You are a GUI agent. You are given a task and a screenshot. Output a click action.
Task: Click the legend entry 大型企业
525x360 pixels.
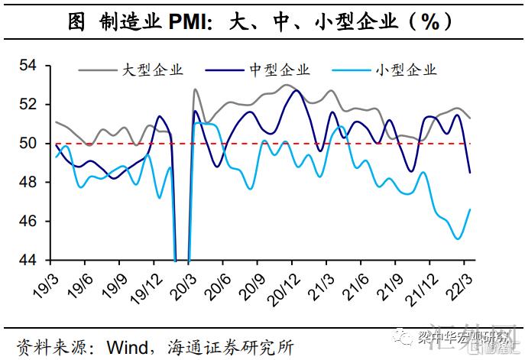[152, 71]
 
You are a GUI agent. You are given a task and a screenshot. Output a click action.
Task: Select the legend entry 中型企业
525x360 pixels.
[279, 71]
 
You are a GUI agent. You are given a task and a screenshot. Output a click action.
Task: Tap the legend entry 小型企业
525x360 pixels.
[406, 71]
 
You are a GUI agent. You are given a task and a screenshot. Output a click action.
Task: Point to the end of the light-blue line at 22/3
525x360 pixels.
[469, 209]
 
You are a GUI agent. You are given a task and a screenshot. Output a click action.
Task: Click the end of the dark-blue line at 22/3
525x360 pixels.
[469, 173]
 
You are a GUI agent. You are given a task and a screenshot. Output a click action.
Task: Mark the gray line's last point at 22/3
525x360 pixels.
[469, 118]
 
